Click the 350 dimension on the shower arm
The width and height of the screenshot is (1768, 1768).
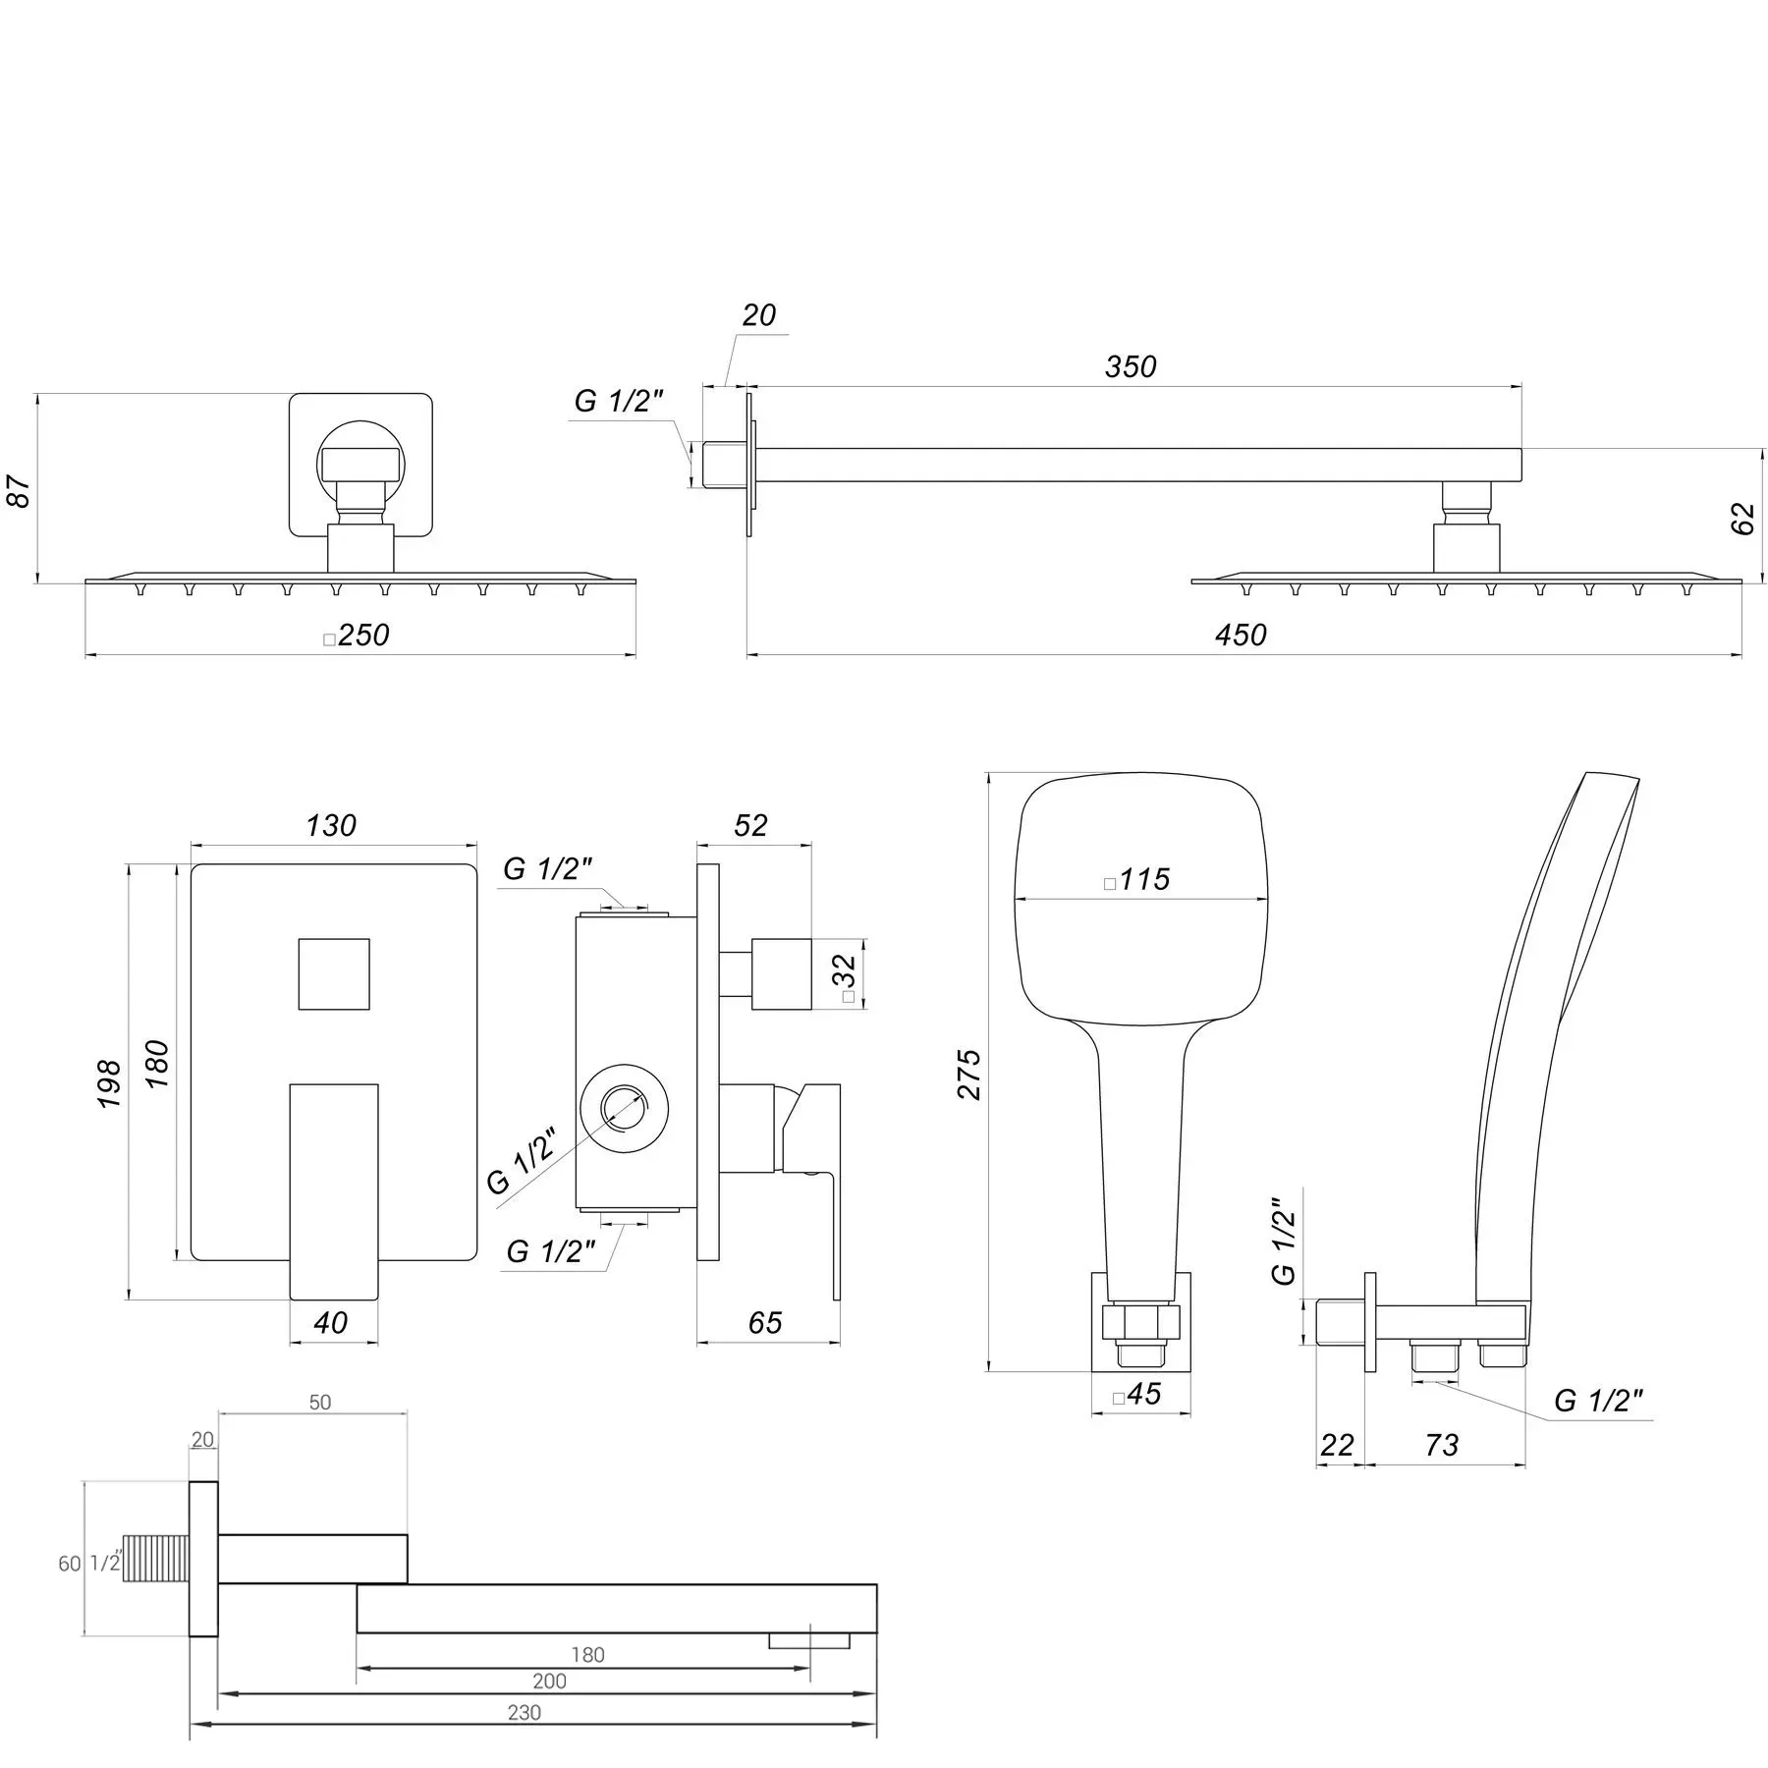tap(1131, 366)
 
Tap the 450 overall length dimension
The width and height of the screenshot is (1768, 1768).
tap(1241, 635)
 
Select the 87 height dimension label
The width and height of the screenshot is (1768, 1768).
tap(20, 490)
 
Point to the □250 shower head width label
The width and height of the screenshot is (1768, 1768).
tap(357, 635)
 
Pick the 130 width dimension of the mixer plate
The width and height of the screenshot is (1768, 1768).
tap(330, 825)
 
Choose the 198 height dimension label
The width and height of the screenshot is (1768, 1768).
tap(109, 1083)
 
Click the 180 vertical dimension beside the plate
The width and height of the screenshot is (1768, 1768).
tap(157, 1063)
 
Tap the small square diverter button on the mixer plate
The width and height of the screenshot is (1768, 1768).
tap(334, 973)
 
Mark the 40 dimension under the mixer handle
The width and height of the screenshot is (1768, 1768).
tap(331, 1322)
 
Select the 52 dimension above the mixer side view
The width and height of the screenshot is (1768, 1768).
tap(750, 825)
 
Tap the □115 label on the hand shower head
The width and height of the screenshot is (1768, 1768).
tap(1137, 878)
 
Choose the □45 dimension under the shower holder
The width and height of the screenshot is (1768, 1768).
tap(1137, 1394)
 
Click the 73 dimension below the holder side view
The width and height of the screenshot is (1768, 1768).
tap(1442, 1445)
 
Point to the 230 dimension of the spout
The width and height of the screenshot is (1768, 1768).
tap(525, 1740)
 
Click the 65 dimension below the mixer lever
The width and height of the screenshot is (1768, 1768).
tap(765, 1322)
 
